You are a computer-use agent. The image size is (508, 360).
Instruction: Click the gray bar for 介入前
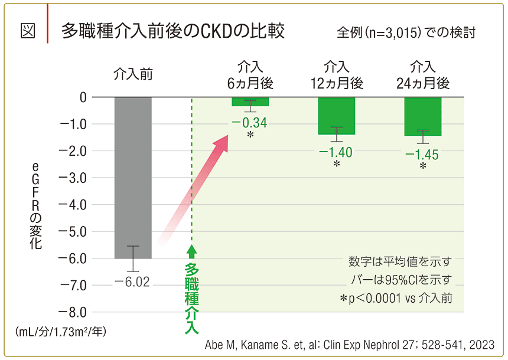point(133,177)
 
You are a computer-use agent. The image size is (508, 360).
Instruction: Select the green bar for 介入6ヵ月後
point(250,102)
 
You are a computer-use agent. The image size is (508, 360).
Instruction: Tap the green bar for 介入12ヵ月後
point(336,116)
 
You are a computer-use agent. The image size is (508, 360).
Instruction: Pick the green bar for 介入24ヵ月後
point(422,116)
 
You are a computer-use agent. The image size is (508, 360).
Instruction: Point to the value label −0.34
point(249,123)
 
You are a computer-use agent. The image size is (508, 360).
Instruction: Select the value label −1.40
point(336,152)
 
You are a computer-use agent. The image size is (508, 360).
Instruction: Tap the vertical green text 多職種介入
point(191,298)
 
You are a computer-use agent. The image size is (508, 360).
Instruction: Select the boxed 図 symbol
point(28,31)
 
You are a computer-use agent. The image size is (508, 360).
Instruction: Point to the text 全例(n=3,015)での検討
point(406,32)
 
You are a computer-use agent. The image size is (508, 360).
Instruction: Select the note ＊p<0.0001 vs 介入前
point(396,299)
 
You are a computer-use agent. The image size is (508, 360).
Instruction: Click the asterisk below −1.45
point(423,166)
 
